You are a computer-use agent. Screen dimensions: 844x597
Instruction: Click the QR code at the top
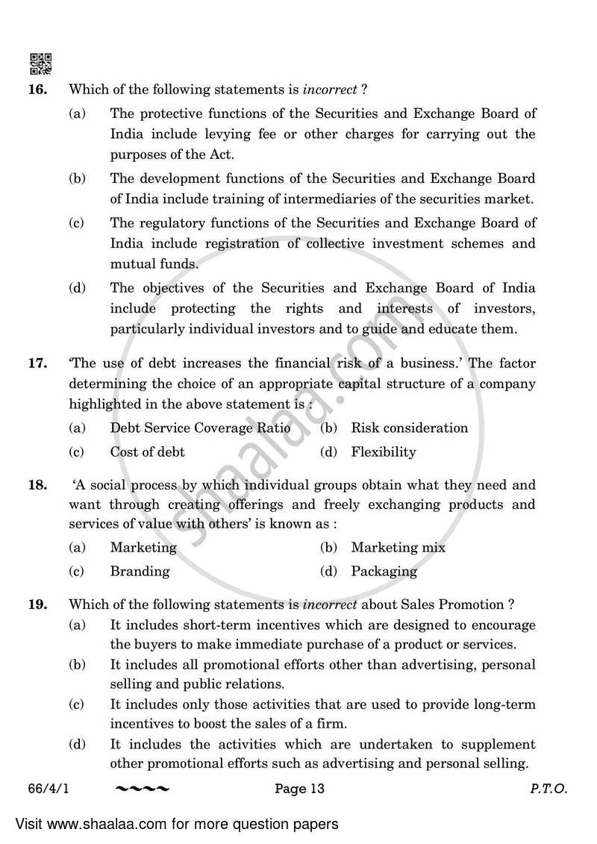[41, 64]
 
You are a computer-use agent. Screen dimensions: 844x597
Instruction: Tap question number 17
[38, 363]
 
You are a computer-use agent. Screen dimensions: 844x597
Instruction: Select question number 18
[38, 484]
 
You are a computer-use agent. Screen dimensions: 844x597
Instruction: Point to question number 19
[38, 604]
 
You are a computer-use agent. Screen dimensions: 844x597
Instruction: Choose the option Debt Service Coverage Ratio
[200, 428]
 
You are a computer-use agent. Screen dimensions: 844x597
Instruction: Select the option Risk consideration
[409, 428]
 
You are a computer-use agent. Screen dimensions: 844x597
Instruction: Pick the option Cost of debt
[147, 451]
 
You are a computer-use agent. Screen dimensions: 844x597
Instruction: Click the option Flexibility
[383, 451]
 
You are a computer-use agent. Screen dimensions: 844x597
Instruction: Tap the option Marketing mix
[398, 547]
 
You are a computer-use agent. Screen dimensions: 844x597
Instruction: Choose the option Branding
[140, 571]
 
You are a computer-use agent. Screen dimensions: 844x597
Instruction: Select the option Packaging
[384, 571]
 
